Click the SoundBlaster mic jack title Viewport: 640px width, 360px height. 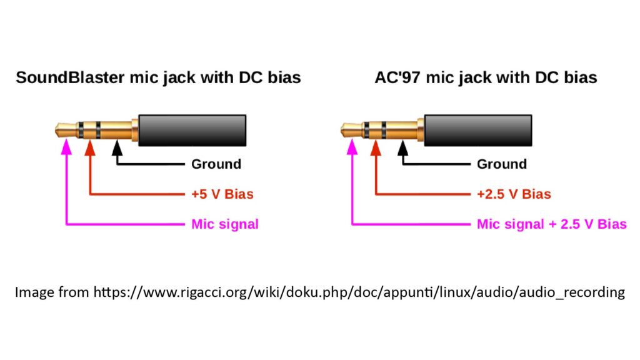(x=158, y=77)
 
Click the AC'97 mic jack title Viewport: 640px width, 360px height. (x=486, y=77)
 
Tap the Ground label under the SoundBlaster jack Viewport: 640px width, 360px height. (x=216, y=164)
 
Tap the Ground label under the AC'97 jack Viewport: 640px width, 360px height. (x=502, y=164)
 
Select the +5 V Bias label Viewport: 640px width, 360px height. (x=222, y=194)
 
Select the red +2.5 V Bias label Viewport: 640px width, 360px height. (x=514, y=194)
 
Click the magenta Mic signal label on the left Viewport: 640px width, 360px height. (x=225, y=224)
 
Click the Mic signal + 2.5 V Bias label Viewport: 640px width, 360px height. (x=552, y=224)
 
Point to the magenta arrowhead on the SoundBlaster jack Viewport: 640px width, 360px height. (x=66, y=147)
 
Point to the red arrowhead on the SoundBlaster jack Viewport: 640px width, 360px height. (x=90, y=147)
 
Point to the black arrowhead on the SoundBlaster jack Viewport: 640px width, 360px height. (x=117, y=147)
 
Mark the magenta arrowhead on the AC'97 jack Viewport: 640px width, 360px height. (x=352, y=147)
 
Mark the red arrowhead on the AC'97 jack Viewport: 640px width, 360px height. (x=376, y=147)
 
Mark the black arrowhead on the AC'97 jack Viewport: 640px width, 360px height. (x=403, y=147)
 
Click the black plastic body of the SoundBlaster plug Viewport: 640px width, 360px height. (x=192, y=130)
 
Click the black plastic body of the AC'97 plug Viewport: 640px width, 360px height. (x=478, y=130)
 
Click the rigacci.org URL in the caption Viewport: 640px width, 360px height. (x=359, y=292)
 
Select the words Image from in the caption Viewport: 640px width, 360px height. (x=52, y=292)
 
